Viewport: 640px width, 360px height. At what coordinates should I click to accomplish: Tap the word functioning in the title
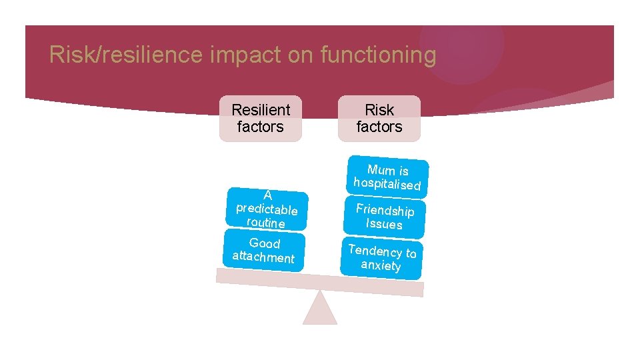(x=378, y=55)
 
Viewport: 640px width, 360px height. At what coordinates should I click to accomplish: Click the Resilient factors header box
(x=261, y=118)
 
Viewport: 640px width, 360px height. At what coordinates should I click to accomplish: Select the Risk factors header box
(x=379, y=118)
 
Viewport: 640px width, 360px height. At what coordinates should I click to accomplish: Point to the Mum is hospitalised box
(x=388, y=177)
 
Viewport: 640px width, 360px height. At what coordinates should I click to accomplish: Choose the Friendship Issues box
(x=385, y=217)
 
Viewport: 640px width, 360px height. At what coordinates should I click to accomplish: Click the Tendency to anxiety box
(x=381, y=258)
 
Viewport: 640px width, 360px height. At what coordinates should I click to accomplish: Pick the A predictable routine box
(x=266, y=209)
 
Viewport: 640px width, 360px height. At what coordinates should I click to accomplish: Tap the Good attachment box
(x=264, y=250)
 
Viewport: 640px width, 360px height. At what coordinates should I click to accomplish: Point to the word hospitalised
(x=387, y=184)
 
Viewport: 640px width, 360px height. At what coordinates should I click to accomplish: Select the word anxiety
(x=381, y=265)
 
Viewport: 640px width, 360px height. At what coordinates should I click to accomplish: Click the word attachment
(x=263, y=257)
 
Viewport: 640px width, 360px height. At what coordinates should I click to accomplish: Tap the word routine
(x=265, y=222)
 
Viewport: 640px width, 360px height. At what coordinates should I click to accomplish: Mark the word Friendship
(x=385, y=210)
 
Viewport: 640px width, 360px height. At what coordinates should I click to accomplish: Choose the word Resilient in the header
(x=261, y=109)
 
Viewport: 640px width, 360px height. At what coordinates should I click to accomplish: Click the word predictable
(x=267, y=209)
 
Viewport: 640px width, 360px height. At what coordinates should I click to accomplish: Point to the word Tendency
(x=374, y=250)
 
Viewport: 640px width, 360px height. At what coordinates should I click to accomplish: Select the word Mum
(x=381, y=169)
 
